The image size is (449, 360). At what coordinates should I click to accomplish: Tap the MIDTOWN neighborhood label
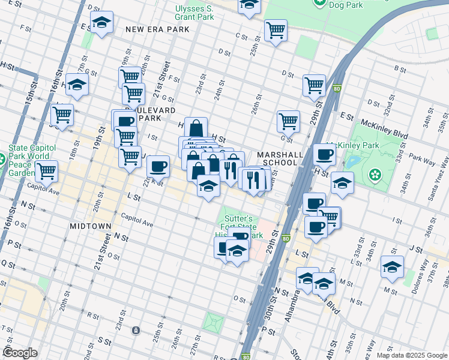pyautogui.click(x=90, y=226)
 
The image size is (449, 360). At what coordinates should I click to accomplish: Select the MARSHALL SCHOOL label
pyautogui.click(x=280, y=158)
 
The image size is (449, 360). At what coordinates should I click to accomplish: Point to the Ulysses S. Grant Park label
pyautogui.click(x=194, y=13)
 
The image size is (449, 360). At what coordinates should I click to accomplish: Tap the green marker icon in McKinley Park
pyautogui.click(x=376, y=175)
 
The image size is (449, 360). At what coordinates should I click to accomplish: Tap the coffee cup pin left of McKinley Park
pyautogui.click(x=324, y=154)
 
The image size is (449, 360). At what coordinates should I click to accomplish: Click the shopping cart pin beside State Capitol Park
pyautogui.click(x=46, y=171)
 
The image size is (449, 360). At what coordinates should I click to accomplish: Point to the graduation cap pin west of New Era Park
pyautogui.click(x=101, y=22)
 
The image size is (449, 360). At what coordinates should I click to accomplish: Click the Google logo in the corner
pyautogui.click(x=20, y=353)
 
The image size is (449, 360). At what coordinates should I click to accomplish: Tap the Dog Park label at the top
pyautogui.click(x=346, y=4)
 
